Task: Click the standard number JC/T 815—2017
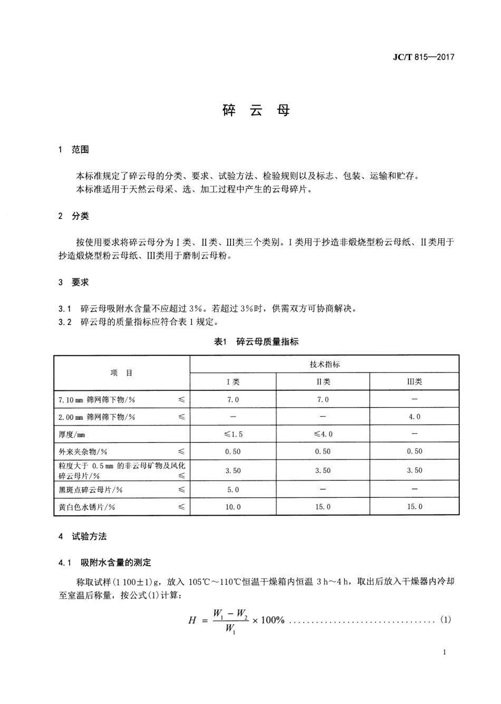click(x=423, y=57)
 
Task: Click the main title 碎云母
click(x=256, y=111)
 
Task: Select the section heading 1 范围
click(x=74, y=150)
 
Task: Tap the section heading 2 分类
click(x=74, y=216)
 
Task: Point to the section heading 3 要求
click(x=74, y=282)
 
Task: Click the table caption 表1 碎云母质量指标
click(x=256, y=342)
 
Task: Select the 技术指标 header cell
click(x=324, y=364)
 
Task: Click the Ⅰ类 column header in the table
click(x=233, y=382)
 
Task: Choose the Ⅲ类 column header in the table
click(x=415, y=382)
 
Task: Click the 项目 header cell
click(x=122, y=373)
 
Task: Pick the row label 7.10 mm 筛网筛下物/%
click(x=97, y=400)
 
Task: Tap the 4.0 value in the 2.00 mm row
click(x=415, y=417)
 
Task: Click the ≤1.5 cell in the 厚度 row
click(x=233, y=434)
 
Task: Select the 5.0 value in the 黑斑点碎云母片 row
click(x=233, y=489)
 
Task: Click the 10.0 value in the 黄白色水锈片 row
click(x=233, y=507)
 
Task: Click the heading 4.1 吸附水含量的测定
click(x=105, y=563)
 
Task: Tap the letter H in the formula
click(x=192, y=620)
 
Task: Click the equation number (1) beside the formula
click(x=446, y=620)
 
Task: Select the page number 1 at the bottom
click(x=445, y=652)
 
